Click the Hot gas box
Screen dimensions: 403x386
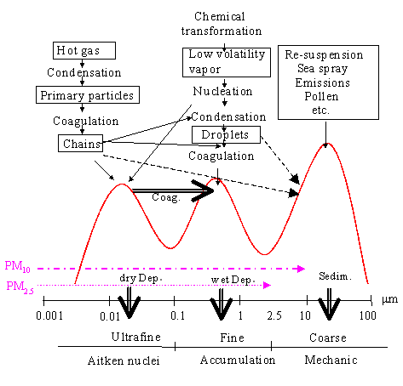[84, 51]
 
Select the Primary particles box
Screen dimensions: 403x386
[88, 95]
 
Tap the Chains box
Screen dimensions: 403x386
[81, 144]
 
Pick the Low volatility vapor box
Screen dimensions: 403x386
[227, 62]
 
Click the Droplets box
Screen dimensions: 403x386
[226, 134]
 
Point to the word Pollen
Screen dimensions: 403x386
[321, 97]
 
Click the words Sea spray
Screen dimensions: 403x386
[323, 69]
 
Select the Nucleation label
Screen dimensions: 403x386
[222, 91]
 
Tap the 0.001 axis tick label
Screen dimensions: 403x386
[49, 315]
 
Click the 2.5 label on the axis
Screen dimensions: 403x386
[274, 315]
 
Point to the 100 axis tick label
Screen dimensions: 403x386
[368, 315]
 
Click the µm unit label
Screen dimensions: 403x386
[389, 299]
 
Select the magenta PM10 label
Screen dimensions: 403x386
[18, 266]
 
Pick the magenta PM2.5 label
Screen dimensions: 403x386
[20, 287]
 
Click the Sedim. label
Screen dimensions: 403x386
[335, 276]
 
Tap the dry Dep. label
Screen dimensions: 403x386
[141, 278]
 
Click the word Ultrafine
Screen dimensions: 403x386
[136, 337]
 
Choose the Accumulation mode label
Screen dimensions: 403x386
[238, 360]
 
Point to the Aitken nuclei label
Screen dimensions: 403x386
[124, 360]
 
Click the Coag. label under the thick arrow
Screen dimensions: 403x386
[166, 197]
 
